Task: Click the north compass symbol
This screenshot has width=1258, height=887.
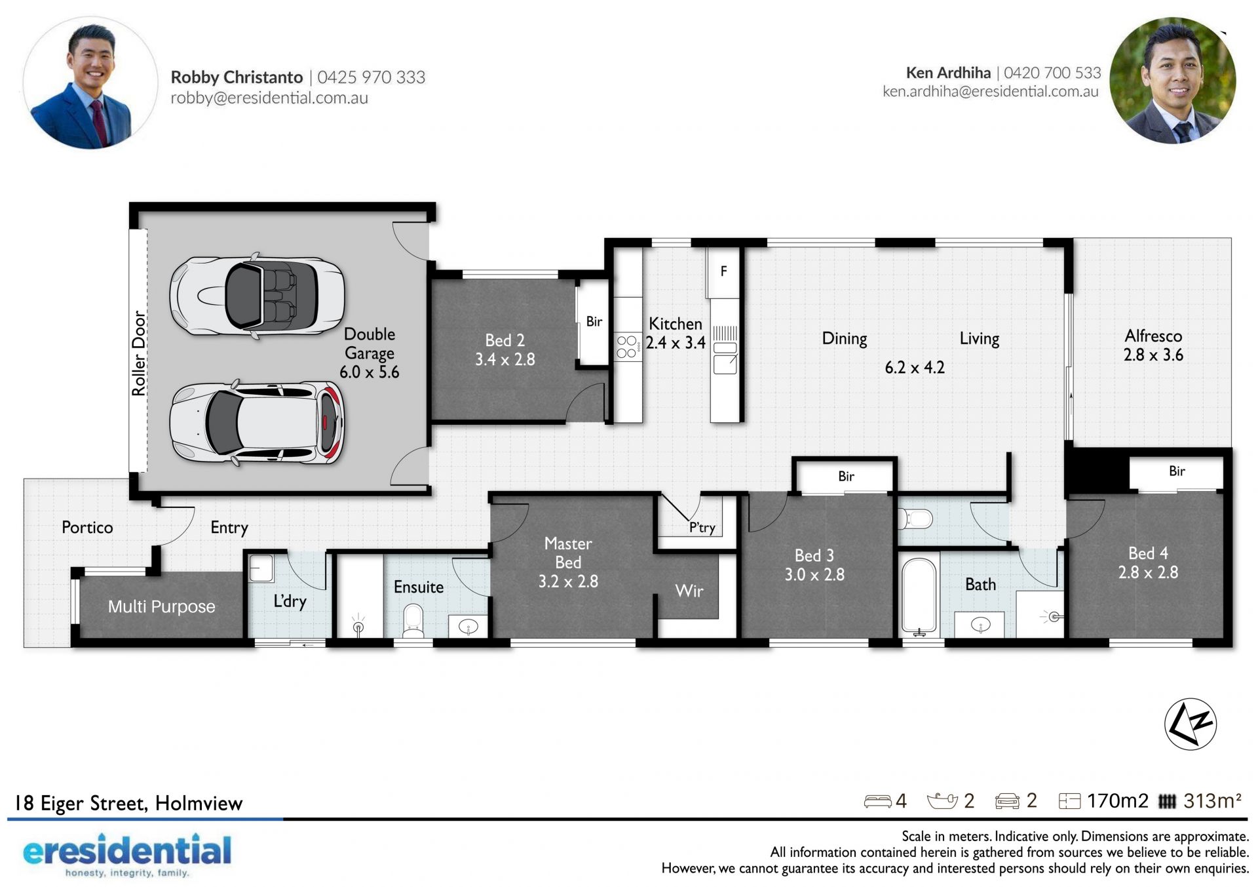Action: coord(1190,724)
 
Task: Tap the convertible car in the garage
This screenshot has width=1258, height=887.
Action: coord(257,296)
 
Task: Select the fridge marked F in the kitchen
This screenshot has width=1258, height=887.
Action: coord(723,271)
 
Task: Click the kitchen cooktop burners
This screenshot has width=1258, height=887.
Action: coord(626,347)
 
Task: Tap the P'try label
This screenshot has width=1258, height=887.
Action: coord(702,528)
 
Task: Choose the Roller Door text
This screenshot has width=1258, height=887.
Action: coord(138,353)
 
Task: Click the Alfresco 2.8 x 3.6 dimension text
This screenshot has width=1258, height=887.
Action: coord(1153,355)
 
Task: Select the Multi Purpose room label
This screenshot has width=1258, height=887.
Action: coord(161,606)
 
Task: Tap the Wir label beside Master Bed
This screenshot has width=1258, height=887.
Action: coord(689,591)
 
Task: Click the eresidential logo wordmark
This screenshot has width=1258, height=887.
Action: coord(127,850)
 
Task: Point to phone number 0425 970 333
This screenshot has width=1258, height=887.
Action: coord(372,77)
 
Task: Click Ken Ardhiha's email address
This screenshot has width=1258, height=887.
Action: coord(990,91)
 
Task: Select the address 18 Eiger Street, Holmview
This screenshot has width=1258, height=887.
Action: coord(128,803)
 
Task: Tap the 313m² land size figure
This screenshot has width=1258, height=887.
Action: coord(1212,800)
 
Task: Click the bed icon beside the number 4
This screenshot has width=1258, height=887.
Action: coord(877,801)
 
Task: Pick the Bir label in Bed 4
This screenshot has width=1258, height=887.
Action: coord(1177,471)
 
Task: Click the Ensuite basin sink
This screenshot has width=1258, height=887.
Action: coord(468,627)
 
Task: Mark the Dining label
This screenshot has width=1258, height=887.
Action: coord(844,339)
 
